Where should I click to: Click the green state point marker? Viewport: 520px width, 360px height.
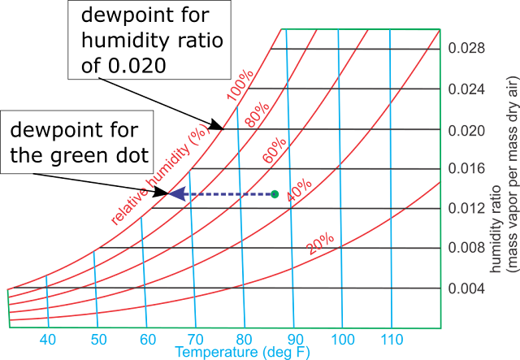coord(275,194)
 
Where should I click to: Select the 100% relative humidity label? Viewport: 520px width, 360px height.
coord(240,85)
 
